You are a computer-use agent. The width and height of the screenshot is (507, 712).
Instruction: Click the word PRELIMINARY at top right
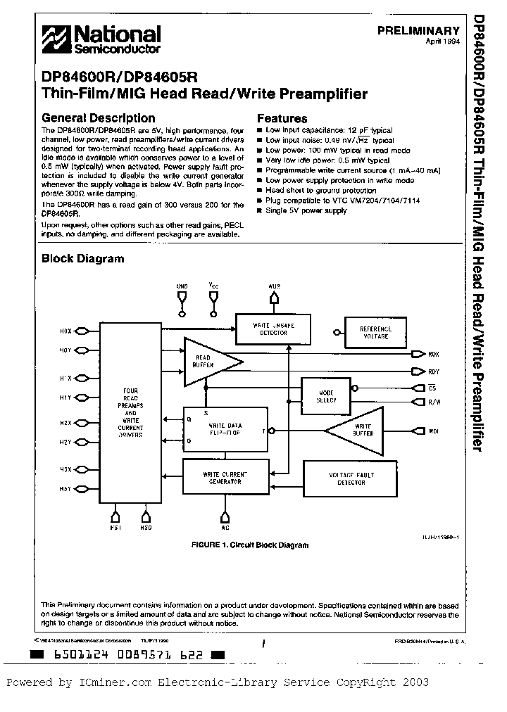click(418, 31)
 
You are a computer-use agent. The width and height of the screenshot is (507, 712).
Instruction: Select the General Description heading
click(99, 118)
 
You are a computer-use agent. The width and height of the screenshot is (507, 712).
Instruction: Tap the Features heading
click(282, 119)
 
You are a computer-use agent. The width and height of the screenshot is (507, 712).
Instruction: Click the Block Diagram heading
click(82, 258)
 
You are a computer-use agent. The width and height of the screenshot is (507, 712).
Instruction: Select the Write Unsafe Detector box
click(273, 329)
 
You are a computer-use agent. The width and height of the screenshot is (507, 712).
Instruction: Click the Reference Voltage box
click(375, 332)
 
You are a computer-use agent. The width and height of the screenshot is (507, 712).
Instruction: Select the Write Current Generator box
click(225, 477)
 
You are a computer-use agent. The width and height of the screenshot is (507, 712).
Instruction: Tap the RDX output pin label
click(434, 354)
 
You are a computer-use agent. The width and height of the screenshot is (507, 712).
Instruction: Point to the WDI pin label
click(434, 430)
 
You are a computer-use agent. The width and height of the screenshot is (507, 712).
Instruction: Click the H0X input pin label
click(65, 330)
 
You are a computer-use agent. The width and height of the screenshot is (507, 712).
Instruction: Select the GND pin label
click(182, 286)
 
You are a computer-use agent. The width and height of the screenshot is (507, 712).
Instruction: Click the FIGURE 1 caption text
click(250, 545)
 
